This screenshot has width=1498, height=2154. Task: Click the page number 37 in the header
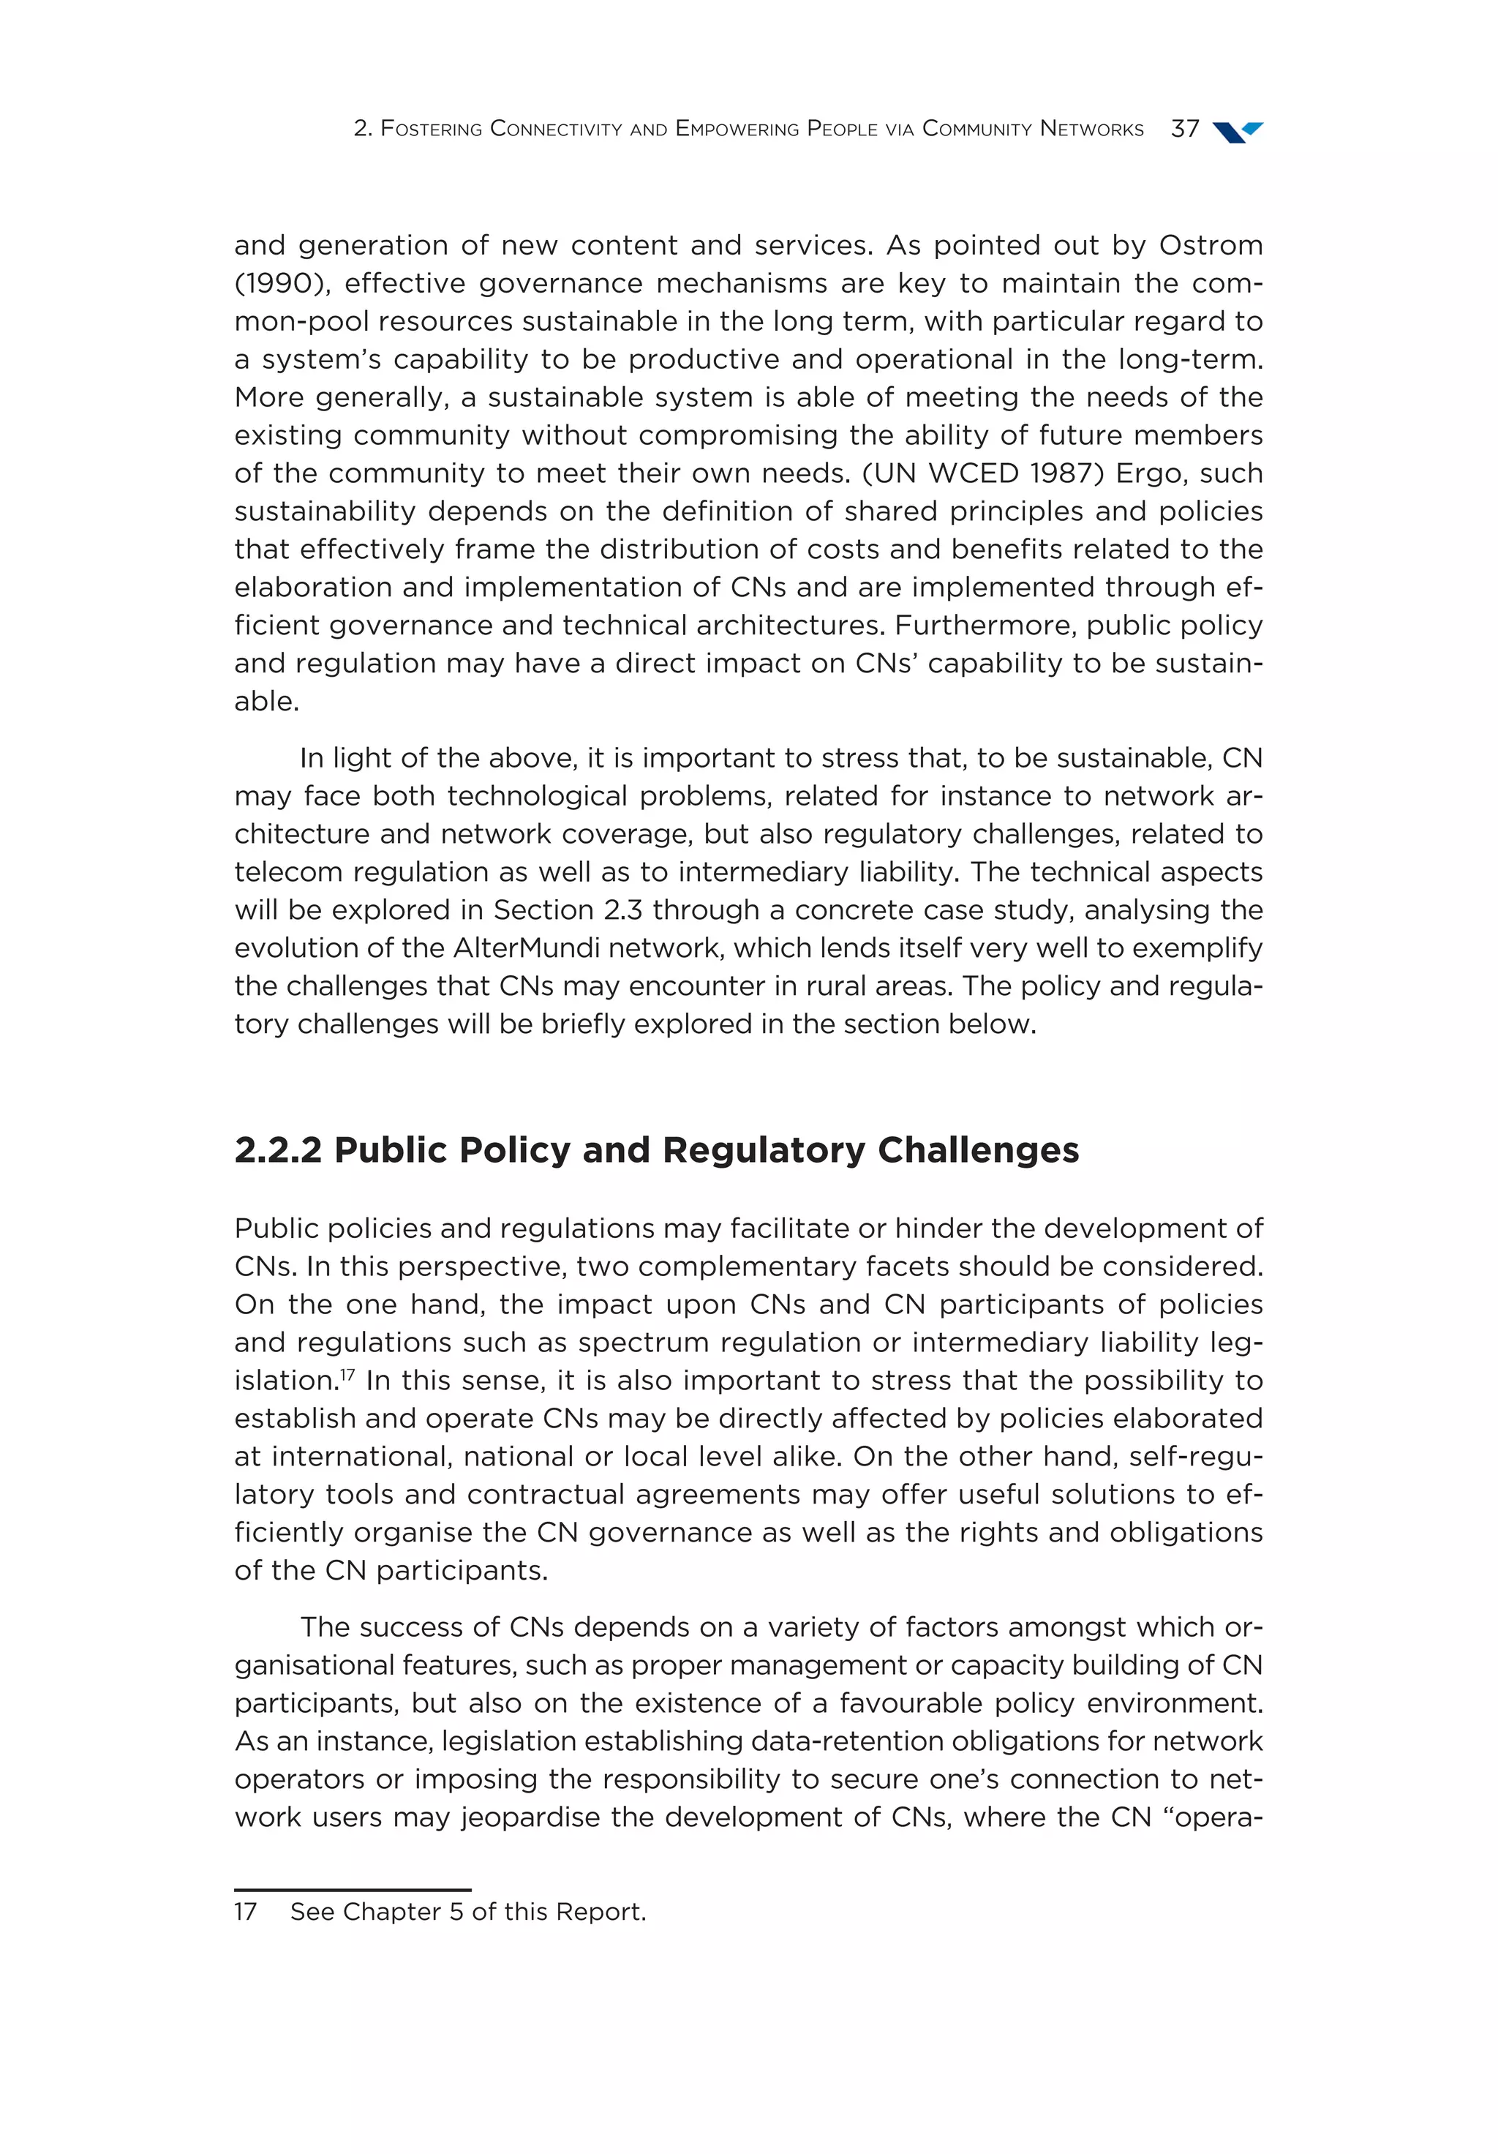1185,129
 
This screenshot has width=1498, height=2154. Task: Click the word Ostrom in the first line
1210,245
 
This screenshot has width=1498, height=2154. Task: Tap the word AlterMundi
526,947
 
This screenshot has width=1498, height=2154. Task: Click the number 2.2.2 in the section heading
279,1150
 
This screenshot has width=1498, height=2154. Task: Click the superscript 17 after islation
347,1374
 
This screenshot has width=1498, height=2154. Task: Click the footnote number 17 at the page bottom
245,1912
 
